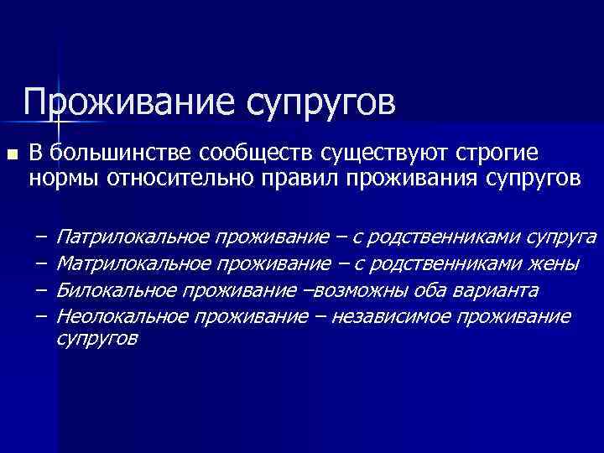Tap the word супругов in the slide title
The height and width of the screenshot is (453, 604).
(320, 104)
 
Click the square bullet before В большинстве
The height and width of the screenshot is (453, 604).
(11, 155)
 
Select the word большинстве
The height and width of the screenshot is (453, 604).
(121, 154)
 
